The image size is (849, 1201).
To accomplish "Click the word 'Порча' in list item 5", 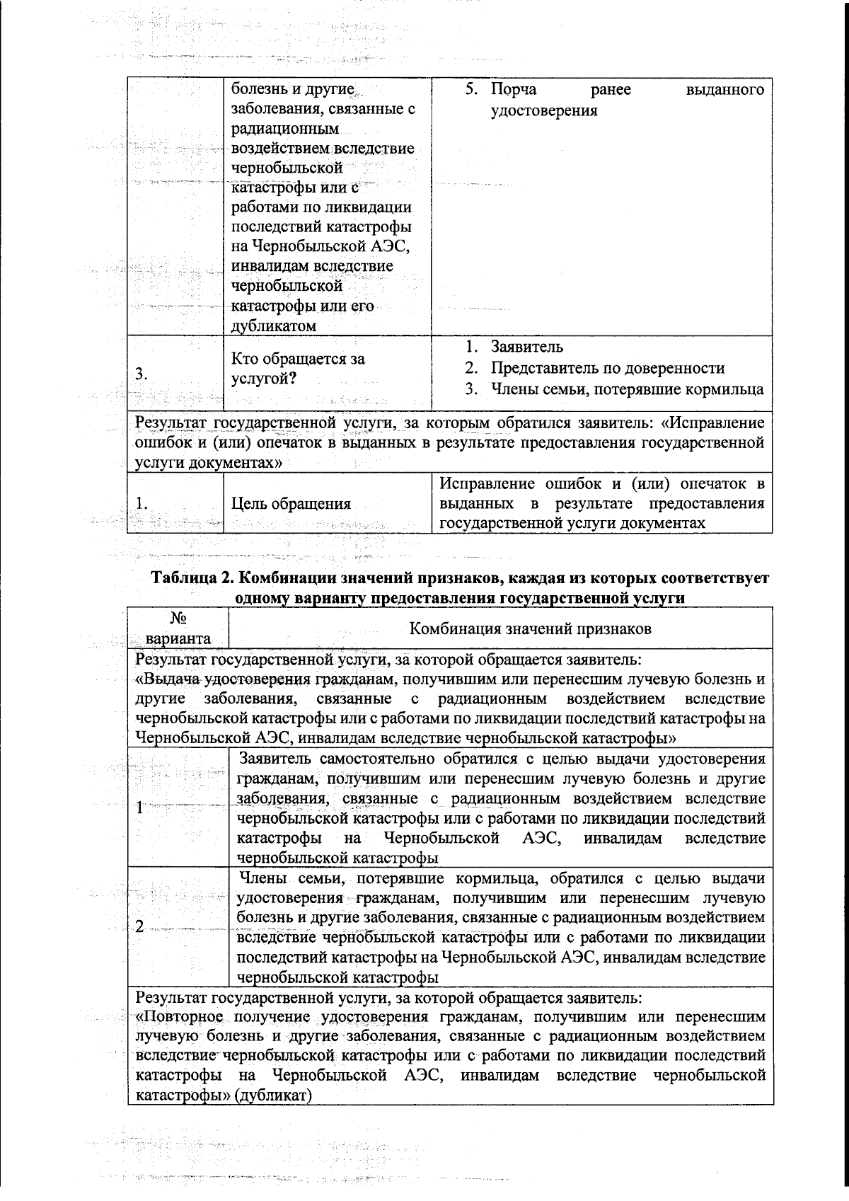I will [514, 90].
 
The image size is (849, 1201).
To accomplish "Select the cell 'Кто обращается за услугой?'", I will [299, 369].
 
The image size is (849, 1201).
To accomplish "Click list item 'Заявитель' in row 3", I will [527, 347].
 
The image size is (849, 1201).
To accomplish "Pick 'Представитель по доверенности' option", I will [608, 368].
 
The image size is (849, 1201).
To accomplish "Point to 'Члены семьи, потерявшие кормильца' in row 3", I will [628, 389].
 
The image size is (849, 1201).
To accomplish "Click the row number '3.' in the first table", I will [141, 376].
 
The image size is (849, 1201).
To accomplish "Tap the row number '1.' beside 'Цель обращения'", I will [141, 504].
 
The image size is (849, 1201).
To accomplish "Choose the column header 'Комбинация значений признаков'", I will [531, 628].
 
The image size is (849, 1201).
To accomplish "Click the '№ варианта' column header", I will [178, 628].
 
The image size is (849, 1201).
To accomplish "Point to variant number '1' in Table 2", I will [140, 808].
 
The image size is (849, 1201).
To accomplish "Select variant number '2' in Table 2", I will [140, 928].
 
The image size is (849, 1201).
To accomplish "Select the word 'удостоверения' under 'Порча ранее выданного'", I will [544, 111].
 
